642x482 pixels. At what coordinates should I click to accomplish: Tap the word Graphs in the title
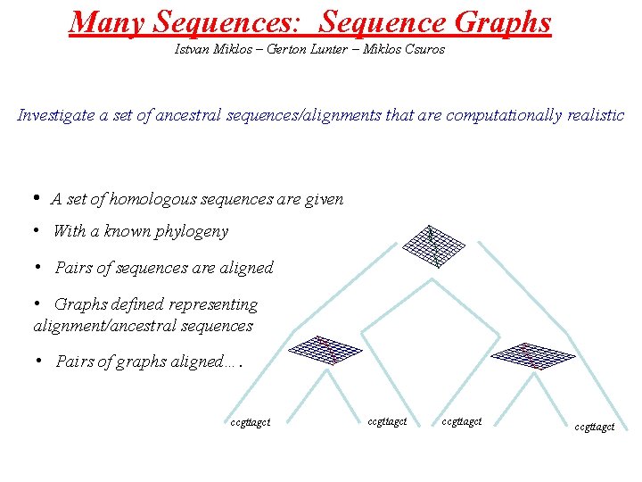tap(504, 21)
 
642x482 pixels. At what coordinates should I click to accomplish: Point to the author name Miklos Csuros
tap(402, 49)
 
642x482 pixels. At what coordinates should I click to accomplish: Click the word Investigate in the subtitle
tap(56, 115)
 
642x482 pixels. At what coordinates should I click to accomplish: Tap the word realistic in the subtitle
tap(595, 115)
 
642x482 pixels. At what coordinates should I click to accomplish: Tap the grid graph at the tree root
tap(433, 245)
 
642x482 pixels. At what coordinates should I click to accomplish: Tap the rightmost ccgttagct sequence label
tap(594, 428)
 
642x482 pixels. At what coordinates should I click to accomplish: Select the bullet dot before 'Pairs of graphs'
tap(39, 361)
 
